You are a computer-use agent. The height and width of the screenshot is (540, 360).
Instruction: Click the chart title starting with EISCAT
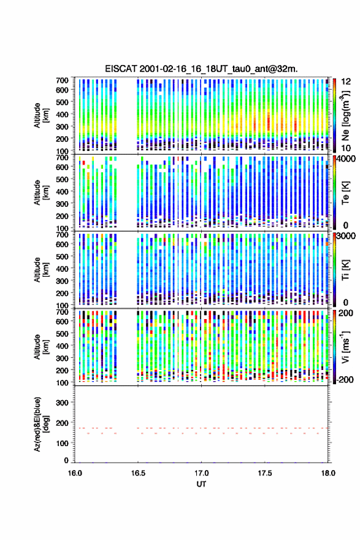click(x=201, y=69)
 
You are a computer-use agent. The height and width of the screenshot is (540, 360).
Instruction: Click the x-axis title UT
click(x=201, y=484)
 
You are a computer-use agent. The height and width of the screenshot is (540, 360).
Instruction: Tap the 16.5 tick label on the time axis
click(x=138, y=473)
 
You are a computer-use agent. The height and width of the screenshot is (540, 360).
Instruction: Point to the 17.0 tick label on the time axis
click(x=201, y=473)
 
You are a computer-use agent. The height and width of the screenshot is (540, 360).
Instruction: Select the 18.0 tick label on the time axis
click(x=328, y=473)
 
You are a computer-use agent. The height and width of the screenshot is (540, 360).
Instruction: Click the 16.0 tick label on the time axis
click(x=75, y=473)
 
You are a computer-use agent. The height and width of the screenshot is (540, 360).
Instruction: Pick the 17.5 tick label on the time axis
click(x=265, y=473)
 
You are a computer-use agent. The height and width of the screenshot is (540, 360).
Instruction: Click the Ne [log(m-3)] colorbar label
click(x=345, y=115)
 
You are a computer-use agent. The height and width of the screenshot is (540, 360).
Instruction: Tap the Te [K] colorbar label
click(x=345, y=193)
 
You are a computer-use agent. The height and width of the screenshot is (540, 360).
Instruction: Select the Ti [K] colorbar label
click(x=345, y=270)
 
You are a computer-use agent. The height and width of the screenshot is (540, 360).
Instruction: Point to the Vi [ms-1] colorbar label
click(x=345, y=347)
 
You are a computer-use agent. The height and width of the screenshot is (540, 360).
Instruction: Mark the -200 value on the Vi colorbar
click(x=343, y=379)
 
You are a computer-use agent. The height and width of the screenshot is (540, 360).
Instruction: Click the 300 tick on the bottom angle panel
click(x=62, y=403)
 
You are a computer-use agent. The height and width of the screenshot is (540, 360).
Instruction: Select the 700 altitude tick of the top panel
click(x=62, y=80)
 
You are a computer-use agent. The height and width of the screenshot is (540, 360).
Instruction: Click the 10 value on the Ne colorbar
click(x=345, y=148)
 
